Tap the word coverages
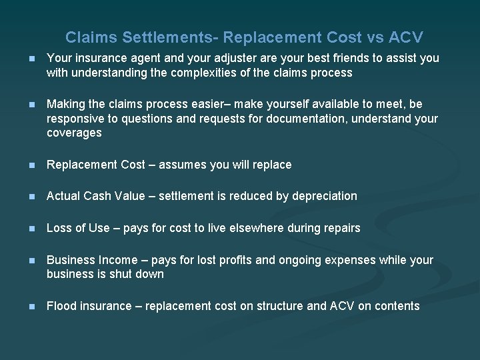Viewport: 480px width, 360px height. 74,133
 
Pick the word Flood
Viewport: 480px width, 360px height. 61,306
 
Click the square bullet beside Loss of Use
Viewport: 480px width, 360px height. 26,229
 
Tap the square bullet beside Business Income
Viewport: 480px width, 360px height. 26,261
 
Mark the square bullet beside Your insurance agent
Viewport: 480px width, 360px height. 26,59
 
